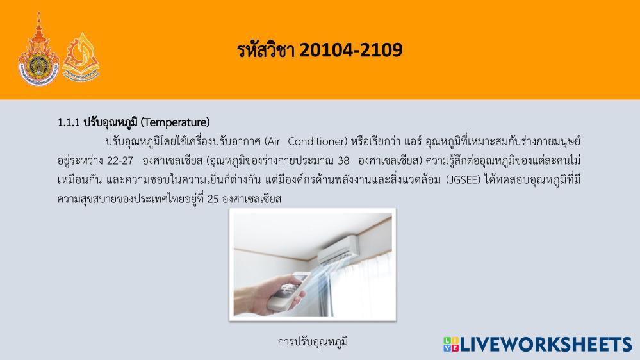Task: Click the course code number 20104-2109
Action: click(x=351, y=50)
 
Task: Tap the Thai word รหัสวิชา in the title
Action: click(x=266, y=50)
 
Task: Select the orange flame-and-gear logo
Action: click(x=81, y=57)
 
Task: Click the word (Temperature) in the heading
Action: click(x=175, y=122)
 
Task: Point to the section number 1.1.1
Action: click(x=69, y=122)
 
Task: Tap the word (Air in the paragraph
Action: click(x=272, y=141)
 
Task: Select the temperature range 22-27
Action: click(x=120, y=160)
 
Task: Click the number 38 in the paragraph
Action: click(x=343, y=160)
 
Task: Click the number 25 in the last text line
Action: click(x=213, y=199)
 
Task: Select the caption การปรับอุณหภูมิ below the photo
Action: click(x=313, y=341)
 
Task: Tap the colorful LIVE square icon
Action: click(x=450, y=344)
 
